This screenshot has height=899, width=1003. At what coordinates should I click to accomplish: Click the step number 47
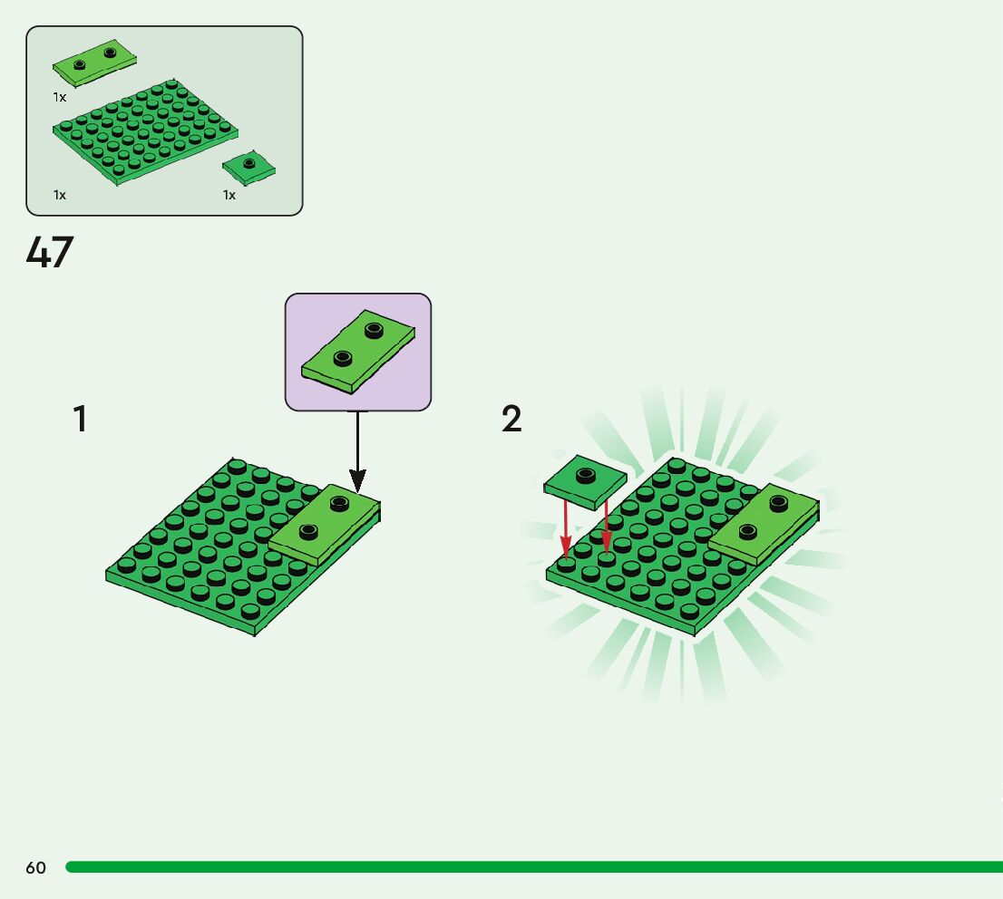point(49,253)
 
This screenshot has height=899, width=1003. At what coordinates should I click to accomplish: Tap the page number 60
point(35,867)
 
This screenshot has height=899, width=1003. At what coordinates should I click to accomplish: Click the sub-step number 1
point(81,420)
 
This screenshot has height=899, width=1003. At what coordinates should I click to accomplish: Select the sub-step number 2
point(511,420)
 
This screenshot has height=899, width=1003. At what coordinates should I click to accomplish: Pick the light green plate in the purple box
point(357,353)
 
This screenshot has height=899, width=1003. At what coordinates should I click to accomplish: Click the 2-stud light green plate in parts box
point(94,62)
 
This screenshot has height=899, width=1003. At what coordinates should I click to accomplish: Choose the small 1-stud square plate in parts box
point(248,167)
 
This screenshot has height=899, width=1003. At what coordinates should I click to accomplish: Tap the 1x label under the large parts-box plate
point(60,195)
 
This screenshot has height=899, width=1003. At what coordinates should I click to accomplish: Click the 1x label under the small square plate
point(229,195)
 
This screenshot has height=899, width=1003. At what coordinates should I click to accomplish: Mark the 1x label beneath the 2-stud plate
point(60,97)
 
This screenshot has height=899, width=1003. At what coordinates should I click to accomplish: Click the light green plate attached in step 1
point(324,527)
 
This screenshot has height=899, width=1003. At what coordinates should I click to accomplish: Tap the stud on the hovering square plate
point(585,473)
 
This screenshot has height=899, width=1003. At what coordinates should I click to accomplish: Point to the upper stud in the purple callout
point(373,329)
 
